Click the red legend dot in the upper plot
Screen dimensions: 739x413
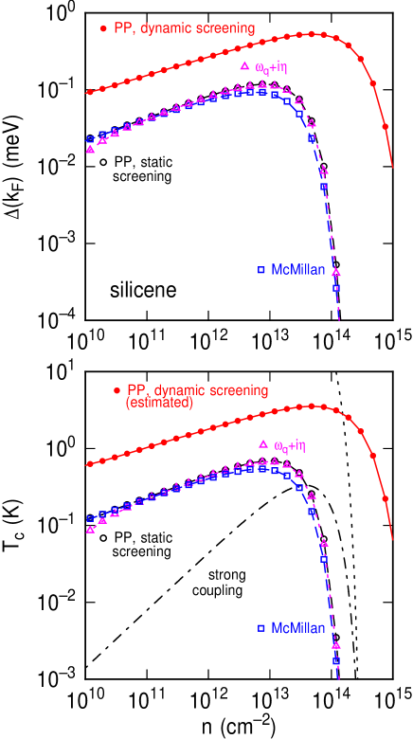[103, 28]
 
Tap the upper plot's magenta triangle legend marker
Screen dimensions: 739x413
[243, 65]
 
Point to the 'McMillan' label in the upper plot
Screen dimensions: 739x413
[298, 270]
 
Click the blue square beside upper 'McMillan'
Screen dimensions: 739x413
[261, 270]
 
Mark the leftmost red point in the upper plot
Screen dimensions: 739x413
[90, 92]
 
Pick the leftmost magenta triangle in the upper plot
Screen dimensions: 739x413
[90, 149]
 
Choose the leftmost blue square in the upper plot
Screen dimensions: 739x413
[90, 139]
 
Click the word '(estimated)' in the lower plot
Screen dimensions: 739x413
[159, 403]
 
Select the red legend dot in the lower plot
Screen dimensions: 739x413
[117, 390]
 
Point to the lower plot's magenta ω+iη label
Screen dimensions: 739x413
[289, 445]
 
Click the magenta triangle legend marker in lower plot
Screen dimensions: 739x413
[262, 444]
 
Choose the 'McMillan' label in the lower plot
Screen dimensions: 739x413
[298, 627]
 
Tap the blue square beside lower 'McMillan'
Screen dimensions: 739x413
[261, 627]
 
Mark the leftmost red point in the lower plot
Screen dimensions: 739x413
[90, 464]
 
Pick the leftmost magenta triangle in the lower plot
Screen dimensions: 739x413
[90, 529]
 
